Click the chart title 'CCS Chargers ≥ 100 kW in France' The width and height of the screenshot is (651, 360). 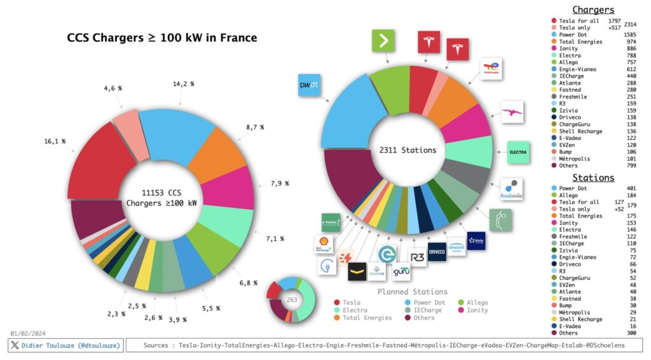[x=162, y=38]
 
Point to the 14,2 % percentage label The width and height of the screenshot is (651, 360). [x=184, y=84]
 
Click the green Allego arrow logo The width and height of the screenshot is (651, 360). [x=383, y=41]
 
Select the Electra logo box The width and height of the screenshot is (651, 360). [x=516, y=153]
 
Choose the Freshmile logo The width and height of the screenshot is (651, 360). [x=511, y=190]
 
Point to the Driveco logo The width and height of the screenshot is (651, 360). [x=437, y=251]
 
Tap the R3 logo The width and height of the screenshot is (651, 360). [x=418, y=257]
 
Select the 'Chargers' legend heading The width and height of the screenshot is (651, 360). [x=593, y=10]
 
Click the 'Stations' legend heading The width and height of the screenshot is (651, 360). [x=593, y=177]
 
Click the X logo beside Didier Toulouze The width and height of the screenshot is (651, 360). [x=14, y=345]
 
